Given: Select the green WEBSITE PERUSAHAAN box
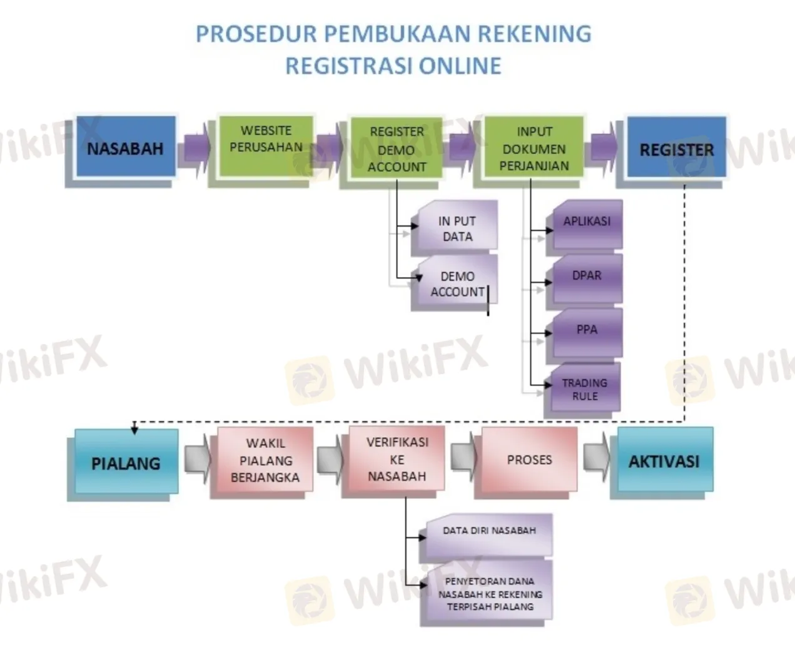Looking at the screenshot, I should click(266, 145).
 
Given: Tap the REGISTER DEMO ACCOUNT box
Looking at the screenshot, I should click(397, 149).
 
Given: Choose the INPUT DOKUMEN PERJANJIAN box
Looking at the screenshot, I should click(534, 148).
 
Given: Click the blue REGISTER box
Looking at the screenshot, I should click(676, 149).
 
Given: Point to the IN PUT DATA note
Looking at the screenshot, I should click(457, 228).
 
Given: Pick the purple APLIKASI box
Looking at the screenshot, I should click(587, 223).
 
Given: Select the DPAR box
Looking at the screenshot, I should click(587, 277).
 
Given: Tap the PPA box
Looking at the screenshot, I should click(587, 330).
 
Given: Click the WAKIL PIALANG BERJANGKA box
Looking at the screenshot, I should click(265, 461).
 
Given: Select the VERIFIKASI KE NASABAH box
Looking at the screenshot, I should click(397, 459).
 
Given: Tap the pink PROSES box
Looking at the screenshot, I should click(529, 460).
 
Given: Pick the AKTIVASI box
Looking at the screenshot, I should click(664, 461).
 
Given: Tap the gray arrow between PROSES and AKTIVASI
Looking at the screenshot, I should click(597, 459).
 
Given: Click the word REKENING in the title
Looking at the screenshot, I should click(534, 34).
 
